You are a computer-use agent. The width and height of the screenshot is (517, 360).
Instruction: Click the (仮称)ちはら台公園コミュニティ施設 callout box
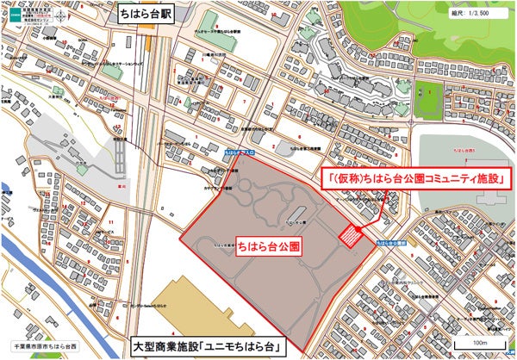(414, 178)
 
